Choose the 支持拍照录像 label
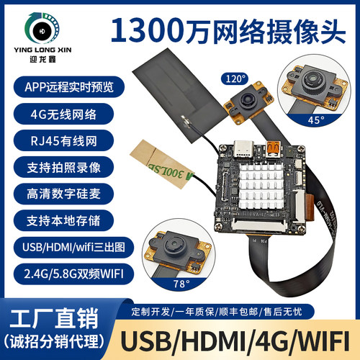pos(58,166)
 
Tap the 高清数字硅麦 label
pos(58,193)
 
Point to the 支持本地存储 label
pos(58,219)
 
